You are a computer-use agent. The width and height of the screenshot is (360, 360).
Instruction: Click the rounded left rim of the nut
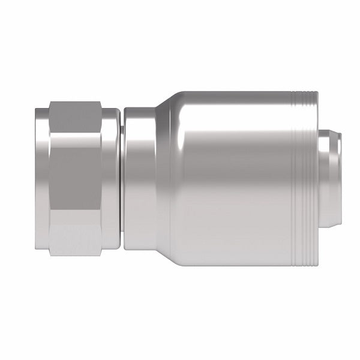40,180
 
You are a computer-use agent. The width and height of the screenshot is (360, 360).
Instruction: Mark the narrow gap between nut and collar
121,180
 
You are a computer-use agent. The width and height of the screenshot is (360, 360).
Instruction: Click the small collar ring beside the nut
138,180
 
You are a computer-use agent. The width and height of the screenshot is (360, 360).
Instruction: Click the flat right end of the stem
343,180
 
